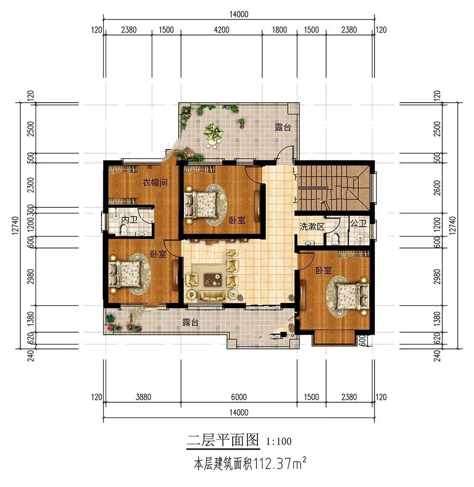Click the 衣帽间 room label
coord(155,182)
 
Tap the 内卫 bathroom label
coord(129,220)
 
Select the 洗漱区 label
coord(312,226)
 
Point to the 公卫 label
coord(358,223)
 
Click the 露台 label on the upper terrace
coord(283,127)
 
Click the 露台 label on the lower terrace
coord(191,322)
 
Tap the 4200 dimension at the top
coord(221,30)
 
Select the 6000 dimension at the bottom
coord(239,397)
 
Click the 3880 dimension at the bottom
coord(143,397)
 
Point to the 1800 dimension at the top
coord(279,30)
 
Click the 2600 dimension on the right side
coord(437,187)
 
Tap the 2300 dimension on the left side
coord(31,185)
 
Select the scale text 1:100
coord(279,442)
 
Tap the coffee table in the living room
coord(213,280)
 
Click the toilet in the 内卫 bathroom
coord(124,230)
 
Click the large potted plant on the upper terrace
coord(213,133)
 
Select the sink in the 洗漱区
coord(308,243)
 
